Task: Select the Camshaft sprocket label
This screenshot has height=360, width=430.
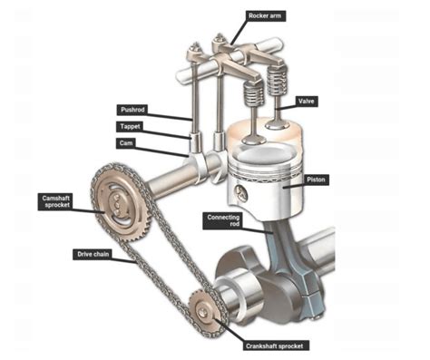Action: click(52, 201)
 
